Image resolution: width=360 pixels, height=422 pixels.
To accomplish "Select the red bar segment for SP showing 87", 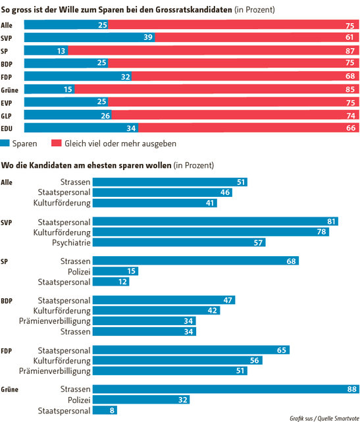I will [211, 50].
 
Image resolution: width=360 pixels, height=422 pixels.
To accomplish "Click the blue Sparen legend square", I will [6, 143].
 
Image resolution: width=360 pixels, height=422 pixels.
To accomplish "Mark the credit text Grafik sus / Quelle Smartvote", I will [322, 417].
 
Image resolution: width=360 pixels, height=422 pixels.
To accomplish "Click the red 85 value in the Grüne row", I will [350, 89].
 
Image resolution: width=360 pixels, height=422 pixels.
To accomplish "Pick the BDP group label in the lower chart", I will [8, 300].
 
